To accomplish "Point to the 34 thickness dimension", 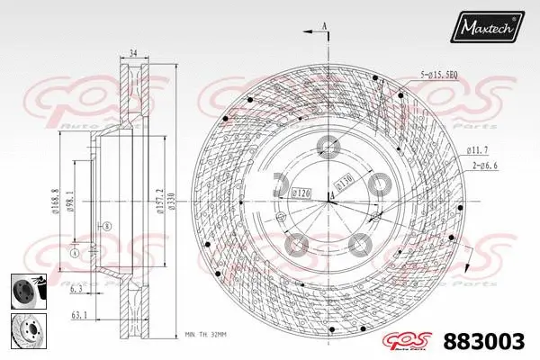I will click(132, 53).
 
